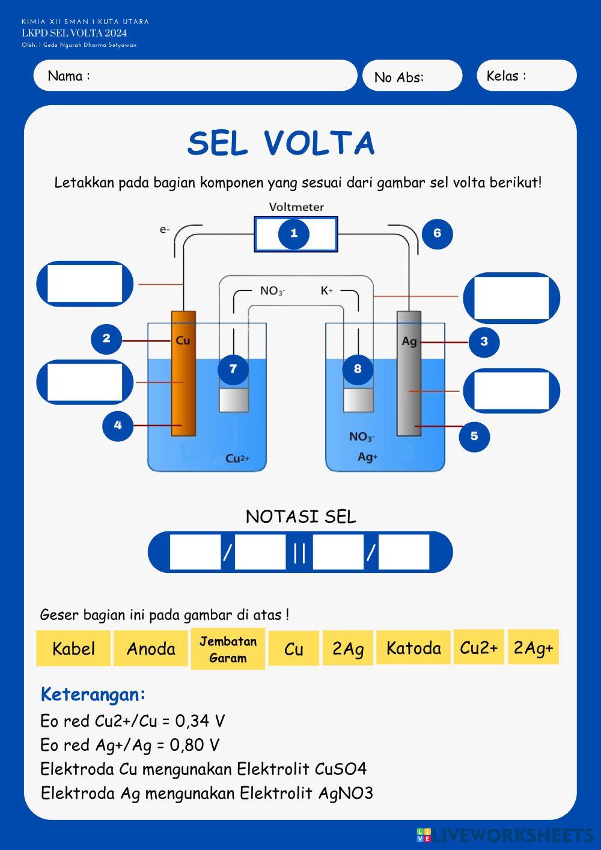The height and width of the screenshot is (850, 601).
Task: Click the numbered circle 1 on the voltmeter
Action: pyautogui.click(x=294, y=234)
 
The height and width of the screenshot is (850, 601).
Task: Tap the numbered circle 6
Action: pyautogui.click(x=437, y=233)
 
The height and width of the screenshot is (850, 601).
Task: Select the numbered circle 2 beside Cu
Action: pyautogui.click(x=106, y=338)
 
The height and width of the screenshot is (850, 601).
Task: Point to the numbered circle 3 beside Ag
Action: pyautogui.click(x=484, y=341)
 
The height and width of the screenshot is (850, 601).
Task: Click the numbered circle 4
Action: pyautogui.click(x=118, y=426)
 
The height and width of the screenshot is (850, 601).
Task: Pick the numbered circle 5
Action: pyautogui.click(x=474, y=436)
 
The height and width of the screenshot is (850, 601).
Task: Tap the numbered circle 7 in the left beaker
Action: pyautogui.click(x=233, y=368)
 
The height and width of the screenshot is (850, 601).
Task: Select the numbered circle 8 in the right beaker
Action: pyautogui.click(x=358, y=368)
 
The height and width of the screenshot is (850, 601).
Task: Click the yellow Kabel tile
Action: pyautogui.click(x=73, y=649)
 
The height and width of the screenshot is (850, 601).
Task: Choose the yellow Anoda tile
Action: pyautogui.click(x=151, y=649)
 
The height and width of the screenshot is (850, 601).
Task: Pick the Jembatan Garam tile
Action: pyautogui.click(x=228, y=649)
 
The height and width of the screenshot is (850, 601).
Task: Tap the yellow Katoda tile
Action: pyautogui.click(x=413, y=648)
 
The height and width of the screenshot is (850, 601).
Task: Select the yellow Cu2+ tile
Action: pyautogui.click(x=479, y=647)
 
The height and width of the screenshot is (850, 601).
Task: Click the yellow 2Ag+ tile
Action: pyautogui.click(x=533, y=647)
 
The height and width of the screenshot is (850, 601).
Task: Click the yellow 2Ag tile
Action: pyautogui.click(x=348, y=649)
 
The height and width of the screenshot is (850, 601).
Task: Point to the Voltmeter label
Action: pyautogui.click(x=296, y=207)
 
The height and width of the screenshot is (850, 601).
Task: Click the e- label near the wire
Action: pyautogui.click(x=165, y=229)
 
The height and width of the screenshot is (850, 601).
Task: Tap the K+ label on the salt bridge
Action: pyautogui.click(x=326, y=291)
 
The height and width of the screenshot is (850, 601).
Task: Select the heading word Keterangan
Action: pyautogui.click(x=93, y=694)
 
